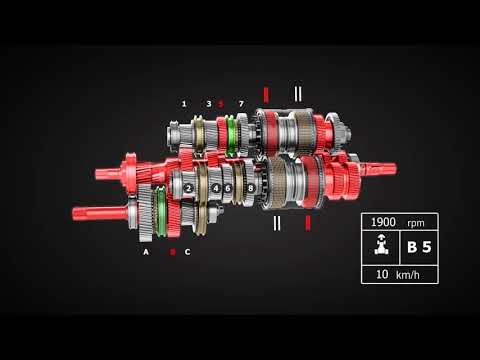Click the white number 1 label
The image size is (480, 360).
coord(184,103)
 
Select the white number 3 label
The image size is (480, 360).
coord(209,103)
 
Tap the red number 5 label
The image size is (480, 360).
coord(221,103)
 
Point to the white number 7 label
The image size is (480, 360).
coord(240,103)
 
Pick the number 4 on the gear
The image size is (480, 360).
coord(216,188)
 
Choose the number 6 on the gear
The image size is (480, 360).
coord(228,188)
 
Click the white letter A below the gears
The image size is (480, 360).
coord(146,252)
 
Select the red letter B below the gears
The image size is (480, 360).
coord(172,252)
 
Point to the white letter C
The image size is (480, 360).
coord(187,252)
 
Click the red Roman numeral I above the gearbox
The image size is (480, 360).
coord(265,94)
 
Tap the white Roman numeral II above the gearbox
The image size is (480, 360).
coord(297,94)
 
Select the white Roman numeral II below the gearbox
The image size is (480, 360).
coord(277,222)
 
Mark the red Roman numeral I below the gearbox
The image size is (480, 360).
coord(307,222)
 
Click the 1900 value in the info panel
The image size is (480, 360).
coord(384,222)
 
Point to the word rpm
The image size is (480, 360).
coord(419,222)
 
